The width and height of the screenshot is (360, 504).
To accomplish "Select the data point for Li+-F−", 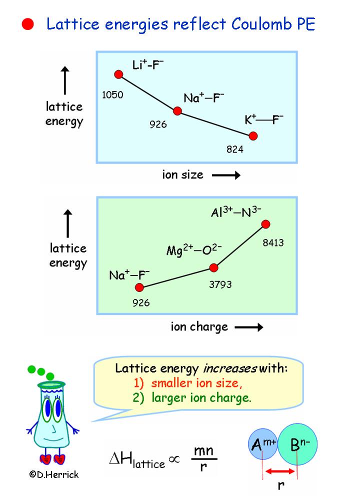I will point(118,74).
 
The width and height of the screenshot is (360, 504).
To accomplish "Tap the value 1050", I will point(112,94).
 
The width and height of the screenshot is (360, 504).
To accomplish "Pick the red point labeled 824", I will point(253,135).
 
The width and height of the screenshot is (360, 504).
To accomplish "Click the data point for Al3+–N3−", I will point(265,224).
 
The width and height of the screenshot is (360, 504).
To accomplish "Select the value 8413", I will point(273,243).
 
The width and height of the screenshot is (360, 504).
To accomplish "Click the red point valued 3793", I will point(214,268).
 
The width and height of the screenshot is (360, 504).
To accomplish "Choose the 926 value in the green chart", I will point(141,302).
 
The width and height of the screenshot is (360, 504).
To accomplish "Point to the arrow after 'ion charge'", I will point(248,327).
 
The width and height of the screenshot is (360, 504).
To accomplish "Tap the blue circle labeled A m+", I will point(261,444).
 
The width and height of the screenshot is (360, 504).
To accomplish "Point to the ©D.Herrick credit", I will point(54,474).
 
